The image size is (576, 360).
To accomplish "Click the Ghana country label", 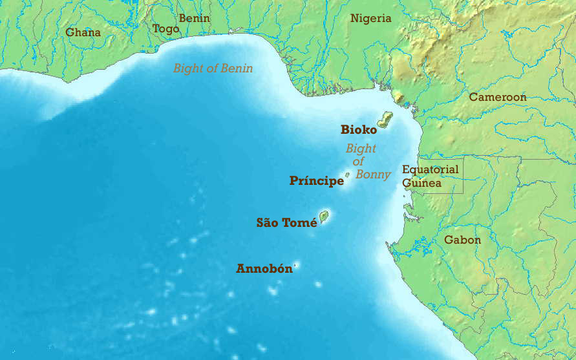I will [x=83, y=32].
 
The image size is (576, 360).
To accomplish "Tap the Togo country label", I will [x=165, y=28].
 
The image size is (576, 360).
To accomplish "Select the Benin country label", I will [x=194, y=18].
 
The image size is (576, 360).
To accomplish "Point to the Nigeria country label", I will [x=370, y=18].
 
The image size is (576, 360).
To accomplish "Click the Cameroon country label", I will [x=497, y=97].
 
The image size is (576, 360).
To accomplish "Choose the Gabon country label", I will [x=462, y=240].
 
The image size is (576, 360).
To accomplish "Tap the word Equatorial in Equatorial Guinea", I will [x=430, y=170].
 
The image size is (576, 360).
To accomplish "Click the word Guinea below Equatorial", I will [x=421, y=183].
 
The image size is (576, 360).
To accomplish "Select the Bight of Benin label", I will [x=213, y=68].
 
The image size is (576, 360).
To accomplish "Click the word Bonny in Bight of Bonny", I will [x=373, y=175].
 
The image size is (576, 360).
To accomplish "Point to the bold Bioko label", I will [x=358, y=130].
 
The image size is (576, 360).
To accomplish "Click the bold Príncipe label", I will [x=316, y=181].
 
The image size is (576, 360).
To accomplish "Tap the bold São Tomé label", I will [x=286, y=223].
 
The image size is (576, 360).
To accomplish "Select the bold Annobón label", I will [x=264, y=269].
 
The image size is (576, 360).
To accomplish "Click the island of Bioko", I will [x=385, y=119].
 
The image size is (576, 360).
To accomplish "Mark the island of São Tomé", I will [x=324, y=216].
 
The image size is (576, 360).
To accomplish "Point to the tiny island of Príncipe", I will [x=348, y=174].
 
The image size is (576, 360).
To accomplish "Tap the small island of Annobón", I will [x=297, y=264].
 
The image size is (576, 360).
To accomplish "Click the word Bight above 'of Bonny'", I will [x=361, y=149].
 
